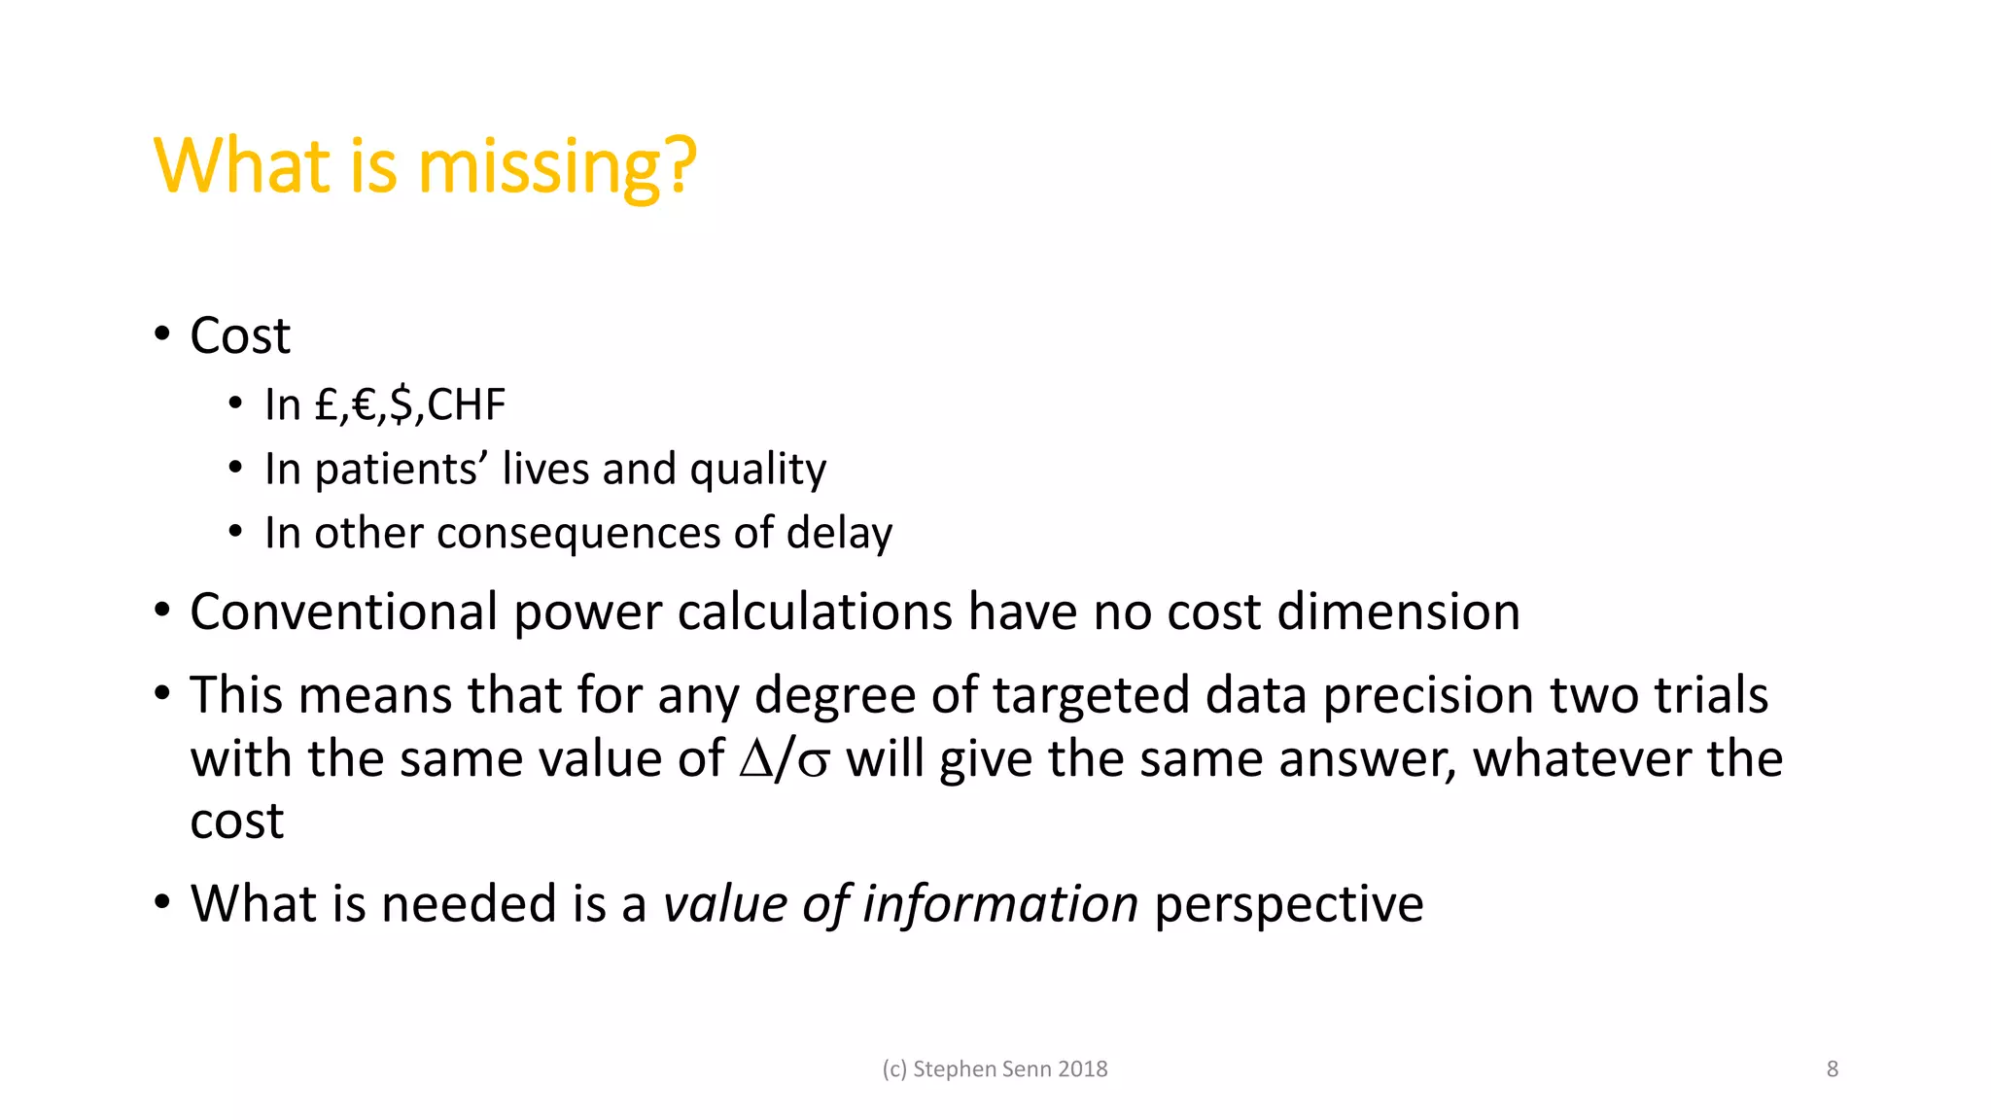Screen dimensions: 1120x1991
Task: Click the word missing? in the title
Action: (x=557, y=167)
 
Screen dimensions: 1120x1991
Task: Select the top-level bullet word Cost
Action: (x=240, y=336)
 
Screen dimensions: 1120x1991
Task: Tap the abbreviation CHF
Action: (x=467, y=404)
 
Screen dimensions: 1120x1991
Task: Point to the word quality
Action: (x=757, y=471)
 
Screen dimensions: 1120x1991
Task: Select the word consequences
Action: (x=577, y=534)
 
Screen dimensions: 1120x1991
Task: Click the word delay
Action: (x=839, y=534)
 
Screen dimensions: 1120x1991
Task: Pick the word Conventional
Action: (x=343, y=612)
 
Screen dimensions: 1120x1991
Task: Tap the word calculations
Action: (x=815, y=612)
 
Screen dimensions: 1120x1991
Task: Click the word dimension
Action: (x=1398, y=612)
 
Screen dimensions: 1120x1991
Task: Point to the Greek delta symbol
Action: (x=755, y=760)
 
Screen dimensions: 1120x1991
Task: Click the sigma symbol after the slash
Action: (x=814, y=762)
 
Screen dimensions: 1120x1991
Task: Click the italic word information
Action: (x=1000, y=904)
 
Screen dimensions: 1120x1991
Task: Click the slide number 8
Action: (x=1833, y=1069)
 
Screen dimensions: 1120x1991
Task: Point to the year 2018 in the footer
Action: (x=1083, y=1069)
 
